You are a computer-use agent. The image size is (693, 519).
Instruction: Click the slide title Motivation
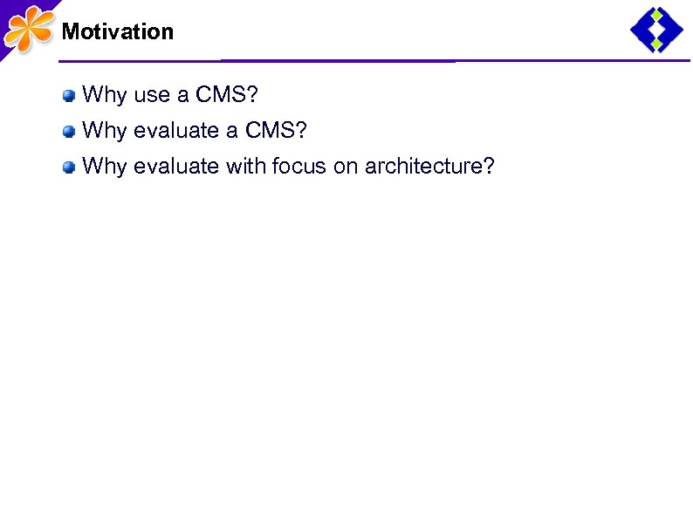(x=118, y=32)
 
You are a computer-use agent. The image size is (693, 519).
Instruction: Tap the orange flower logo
(x=27, y=29)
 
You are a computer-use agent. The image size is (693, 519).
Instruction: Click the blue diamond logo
(x=656, y=30)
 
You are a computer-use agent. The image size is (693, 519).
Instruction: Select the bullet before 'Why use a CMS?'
(x=68, y=95)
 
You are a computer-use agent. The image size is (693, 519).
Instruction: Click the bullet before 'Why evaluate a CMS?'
(x=68, y=132)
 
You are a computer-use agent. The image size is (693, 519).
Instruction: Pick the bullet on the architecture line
(x=68, y=167)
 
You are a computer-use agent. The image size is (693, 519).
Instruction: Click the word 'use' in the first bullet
(x=152, y=95)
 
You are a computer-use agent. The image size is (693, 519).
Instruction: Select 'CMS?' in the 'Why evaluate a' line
(x=277, y=131)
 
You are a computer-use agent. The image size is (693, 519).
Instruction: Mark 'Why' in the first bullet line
(x=104, y=94)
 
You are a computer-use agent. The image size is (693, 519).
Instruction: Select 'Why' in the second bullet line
(x=104, y=131)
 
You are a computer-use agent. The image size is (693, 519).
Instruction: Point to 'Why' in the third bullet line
(x=104, y=167)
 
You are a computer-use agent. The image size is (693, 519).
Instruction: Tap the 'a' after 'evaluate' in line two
(x=232, y=132)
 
